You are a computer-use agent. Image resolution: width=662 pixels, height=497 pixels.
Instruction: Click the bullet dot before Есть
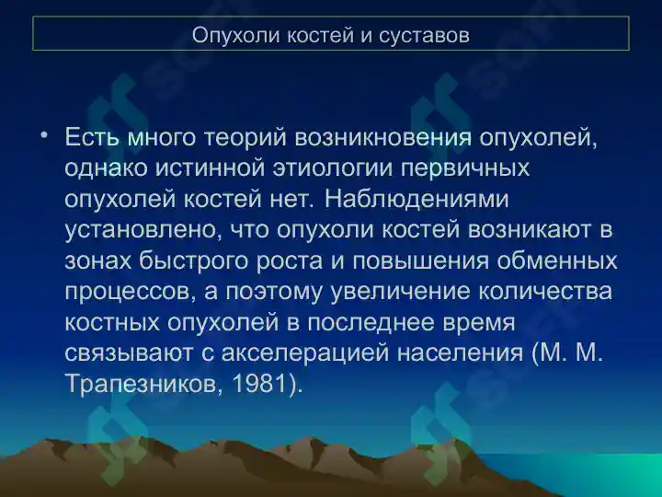pyautogui.click(x=44, y=135)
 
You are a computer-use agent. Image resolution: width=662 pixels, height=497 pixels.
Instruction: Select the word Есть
pyautogui.click(x=92, y=137)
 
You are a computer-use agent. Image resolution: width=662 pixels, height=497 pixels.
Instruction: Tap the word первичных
pyautogui.click(x=465, y=169)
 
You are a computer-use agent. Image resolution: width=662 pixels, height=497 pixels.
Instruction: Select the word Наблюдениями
pyautogui.click(x=417, y=199)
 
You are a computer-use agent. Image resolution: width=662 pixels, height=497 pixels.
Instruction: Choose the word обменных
pyautogui.click(x=557, y=260)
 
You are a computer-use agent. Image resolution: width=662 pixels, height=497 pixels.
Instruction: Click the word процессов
pyautogui.click(x=131, y=292)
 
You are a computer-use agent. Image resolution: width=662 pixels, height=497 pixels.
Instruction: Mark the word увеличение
pyautogui.click(x=399, y=292)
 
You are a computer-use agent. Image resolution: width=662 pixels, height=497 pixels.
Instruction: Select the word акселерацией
pyautogui.click(x=305, y=353)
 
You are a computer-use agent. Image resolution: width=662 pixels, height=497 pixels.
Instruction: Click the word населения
pyautogui.click(x=461, y=353)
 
